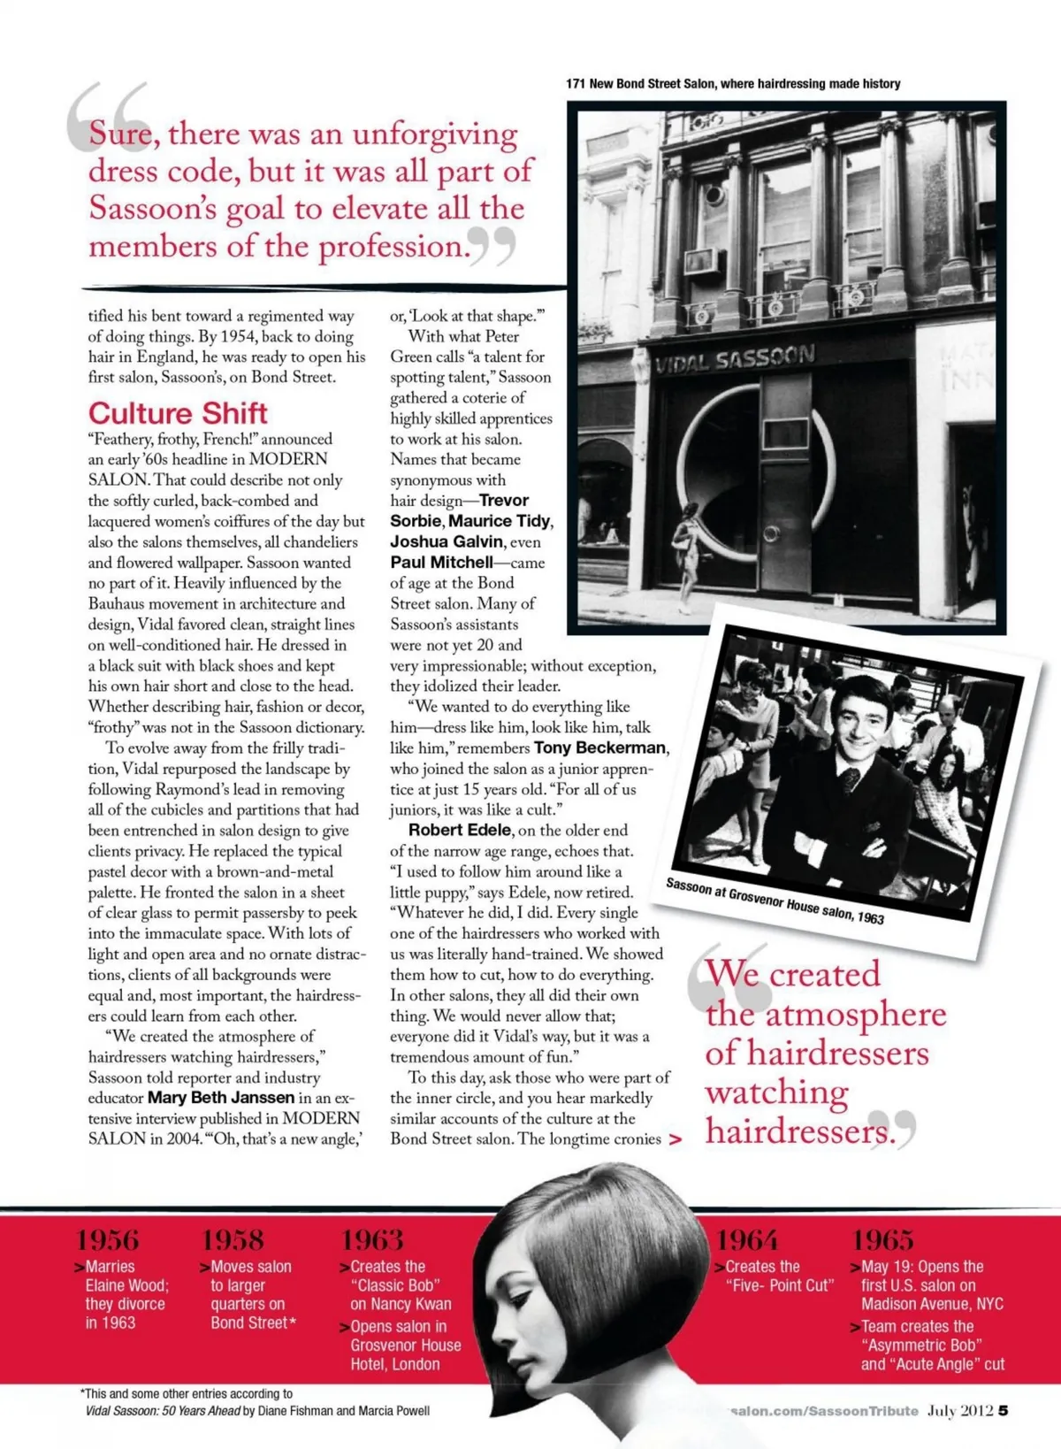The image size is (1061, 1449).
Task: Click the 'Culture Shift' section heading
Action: (178, 413)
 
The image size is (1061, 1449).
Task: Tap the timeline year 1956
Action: (107, 1239)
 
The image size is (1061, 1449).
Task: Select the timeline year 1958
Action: (233, 1239)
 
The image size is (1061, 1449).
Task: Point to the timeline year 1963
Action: (372, 1239)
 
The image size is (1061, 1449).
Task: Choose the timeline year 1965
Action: (882, 1239)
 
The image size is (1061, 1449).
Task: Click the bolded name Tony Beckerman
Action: (600, 748)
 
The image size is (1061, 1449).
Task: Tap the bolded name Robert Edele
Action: (460, 830)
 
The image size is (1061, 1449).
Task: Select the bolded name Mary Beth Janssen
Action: (220, 1098)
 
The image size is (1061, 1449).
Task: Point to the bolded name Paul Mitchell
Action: (441, 563)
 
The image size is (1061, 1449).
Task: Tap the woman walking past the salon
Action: (683, 563)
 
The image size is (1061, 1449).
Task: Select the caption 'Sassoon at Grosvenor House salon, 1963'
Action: (775, 901)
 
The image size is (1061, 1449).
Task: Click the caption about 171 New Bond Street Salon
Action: (733, 84)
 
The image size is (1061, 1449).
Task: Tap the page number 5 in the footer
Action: (1003, 1411)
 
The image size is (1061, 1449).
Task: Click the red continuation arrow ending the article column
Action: (676, 1140)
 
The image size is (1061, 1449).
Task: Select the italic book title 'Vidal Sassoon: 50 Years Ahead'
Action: (163, 1411)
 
